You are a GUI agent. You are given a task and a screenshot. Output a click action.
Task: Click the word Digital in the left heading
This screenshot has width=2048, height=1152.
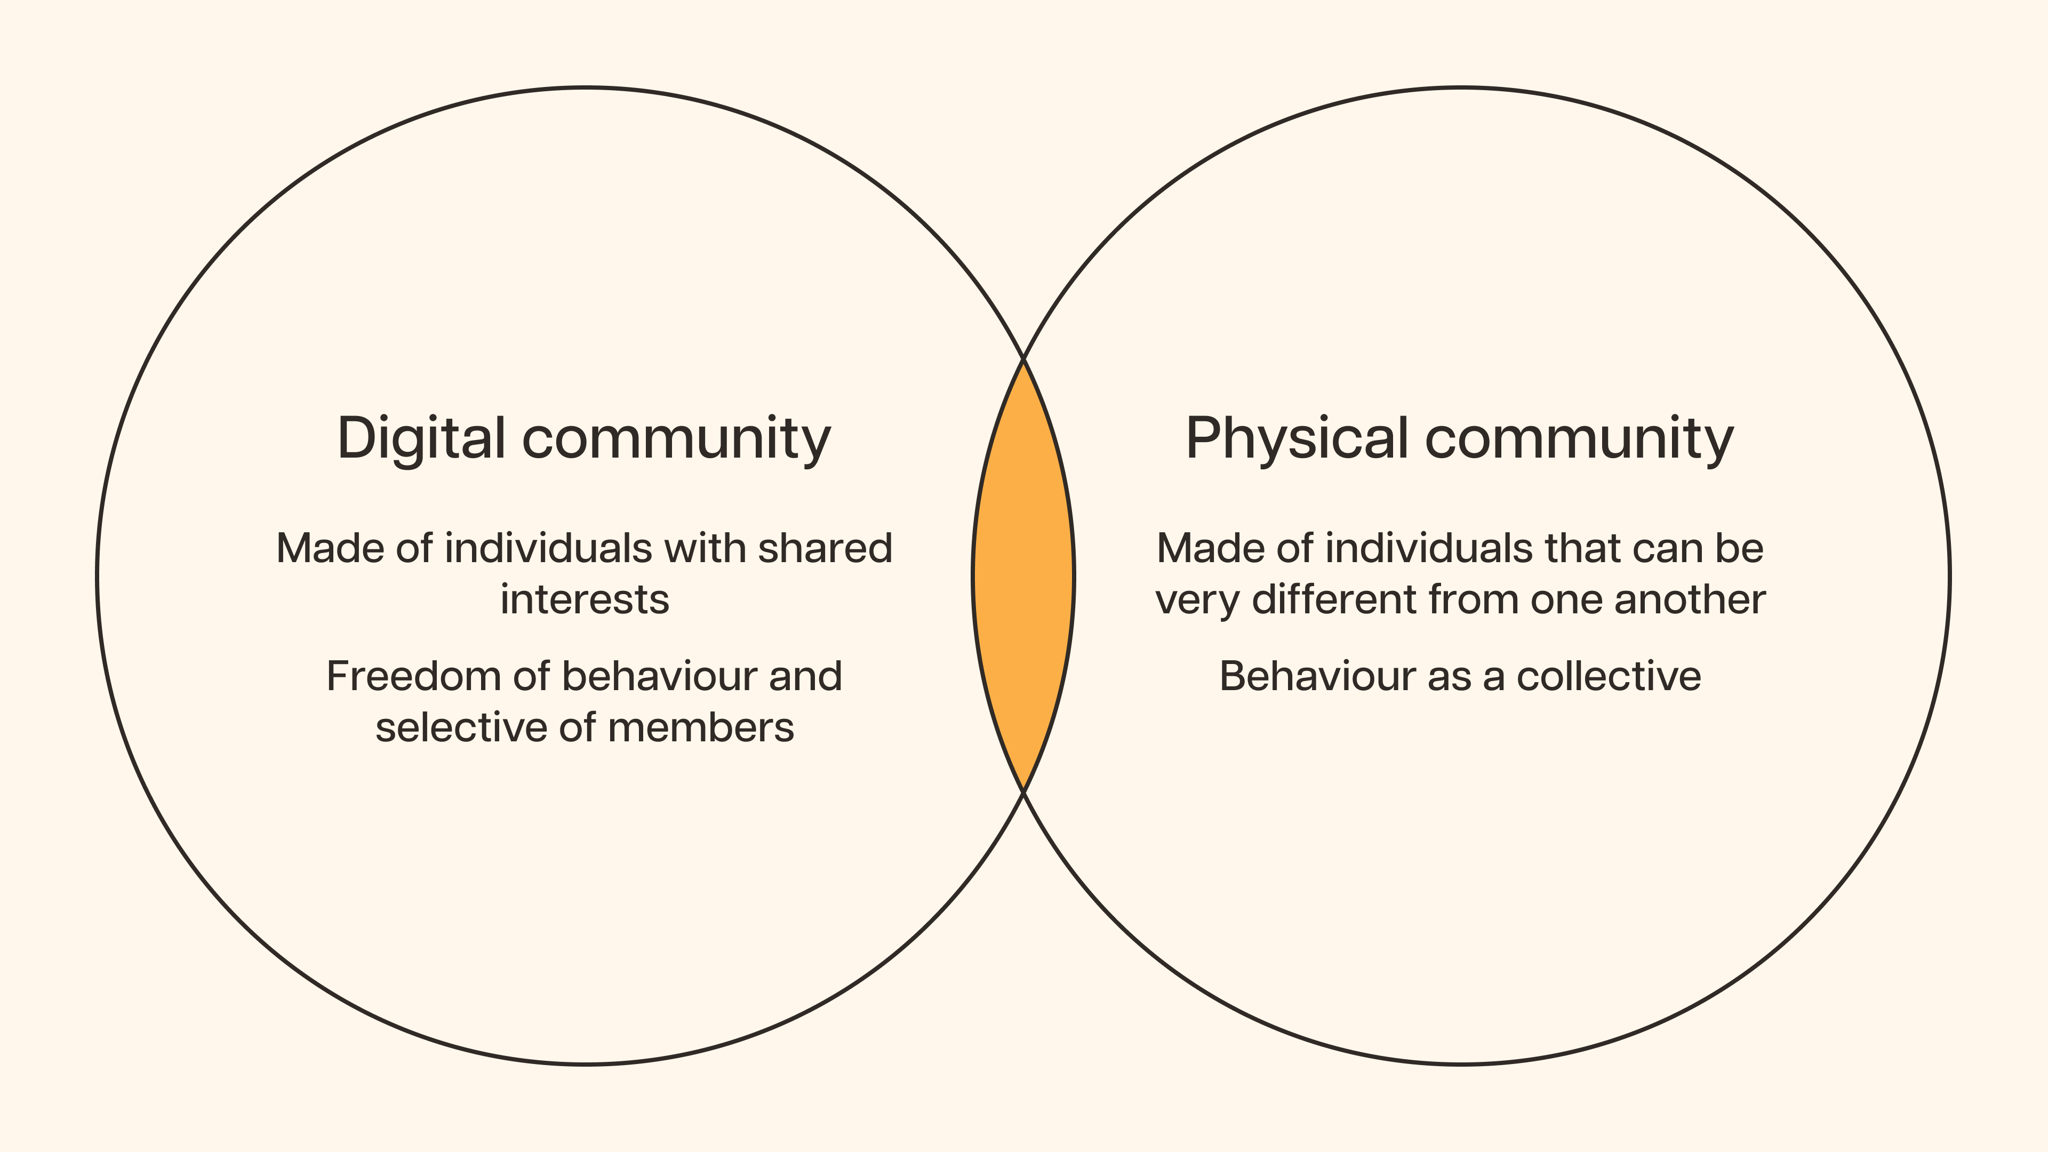tap(421, 439)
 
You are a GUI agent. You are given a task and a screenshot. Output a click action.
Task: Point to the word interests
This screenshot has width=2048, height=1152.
tap(585, 599)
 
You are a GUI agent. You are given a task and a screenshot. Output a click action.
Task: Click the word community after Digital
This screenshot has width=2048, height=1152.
tap(676, 439)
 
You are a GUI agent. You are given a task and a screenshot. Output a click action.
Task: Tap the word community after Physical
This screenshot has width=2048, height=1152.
tap(1579, 439)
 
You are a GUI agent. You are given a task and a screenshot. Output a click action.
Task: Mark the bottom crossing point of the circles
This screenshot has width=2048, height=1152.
tap(1024, 792)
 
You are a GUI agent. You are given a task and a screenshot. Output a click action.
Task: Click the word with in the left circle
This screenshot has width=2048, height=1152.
tap(703, 549)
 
